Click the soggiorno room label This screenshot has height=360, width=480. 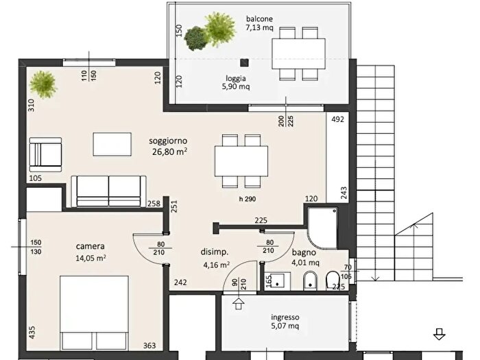(x=168, y=141)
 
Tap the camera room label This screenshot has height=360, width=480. (x=91, y=246)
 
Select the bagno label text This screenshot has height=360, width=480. (x=304, y=252)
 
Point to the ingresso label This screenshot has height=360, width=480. (x=285, y=317)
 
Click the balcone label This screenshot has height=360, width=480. (x=259, y=19)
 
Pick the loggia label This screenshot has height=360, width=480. (x=236, y=78)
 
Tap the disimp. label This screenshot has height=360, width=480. (x=215, y=252)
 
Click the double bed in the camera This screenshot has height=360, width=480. (x=94, y=313)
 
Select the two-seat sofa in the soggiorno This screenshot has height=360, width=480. (x=108, y=191)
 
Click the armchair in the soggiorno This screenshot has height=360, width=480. (x=45, y=154)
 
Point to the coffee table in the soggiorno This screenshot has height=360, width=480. (x=112, y=144)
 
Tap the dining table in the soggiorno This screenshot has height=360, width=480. (x=241, y=161)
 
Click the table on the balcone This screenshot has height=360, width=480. (x=298, y=53)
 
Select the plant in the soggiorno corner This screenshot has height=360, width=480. (x=43, y=84)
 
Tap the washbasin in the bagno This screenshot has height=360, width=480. (x=278, y=281)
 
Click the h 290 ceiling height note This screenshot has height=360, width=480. (x=248, y=199)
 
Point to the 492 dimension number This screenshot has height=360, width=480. (x=337, y=119)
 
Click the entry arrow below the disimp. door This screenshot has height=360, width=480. (x=239, y=304)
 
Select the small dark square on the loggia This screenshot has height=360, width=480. (x=244, y=63)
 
